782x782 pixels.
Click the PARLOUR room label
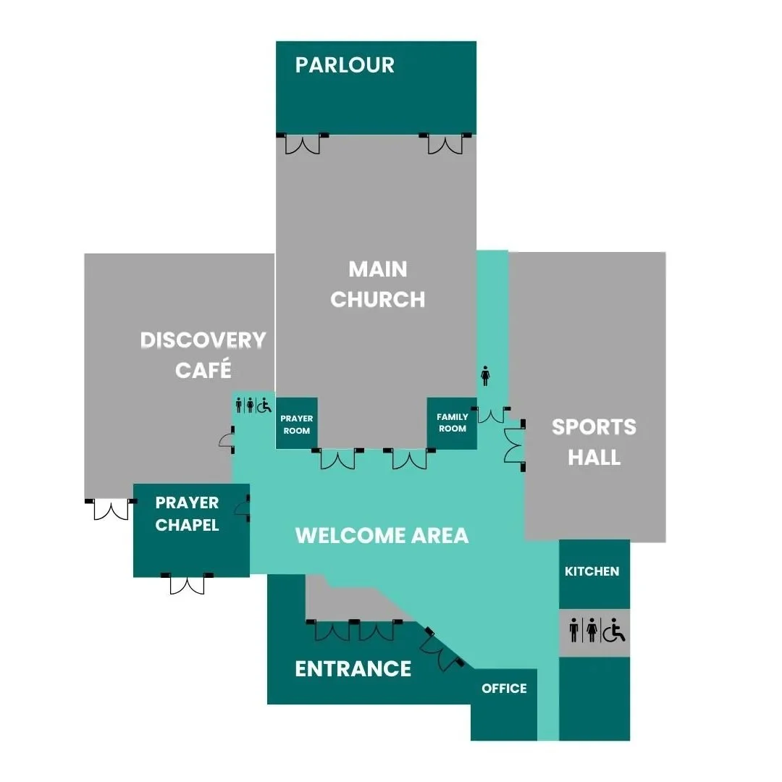[345, 65]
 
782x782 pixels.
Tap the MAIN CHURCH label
[377, 284]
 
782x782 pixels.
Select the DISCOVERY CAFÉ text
[203, 355]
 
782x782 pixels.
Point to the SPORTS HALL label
[594, 442]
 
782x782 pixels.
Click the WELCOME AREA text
[382, 536]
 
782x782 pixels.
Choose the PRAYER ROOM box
[296, 424]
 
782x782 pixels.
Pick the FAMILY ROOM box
[452, 422]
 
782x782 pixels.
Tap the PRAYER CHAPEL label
[187, 513]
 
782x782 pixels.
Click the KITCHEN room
[592, 571]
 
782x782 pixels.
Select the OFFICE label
[504, 689]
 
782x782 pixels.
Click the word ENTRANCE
[353, 668]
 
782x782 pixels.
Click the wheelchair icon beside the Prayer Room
[264, 405]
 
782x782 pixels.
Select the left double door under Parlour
[302, 144]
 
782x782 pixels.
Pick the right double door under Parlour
[445, 144]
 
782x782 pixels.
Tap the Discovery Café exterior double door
[111, 509]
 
